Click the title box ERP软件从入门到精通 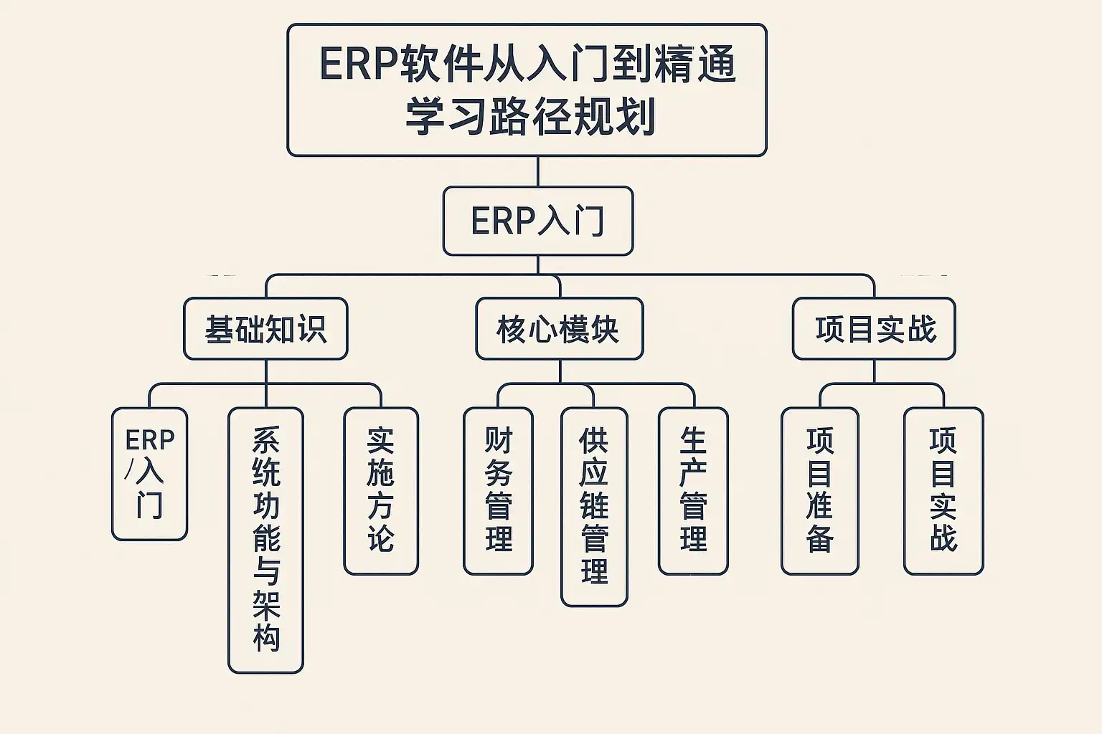pos(527,90)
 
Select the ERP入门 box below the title pos(537,221)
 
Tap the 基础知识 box pos(265,329)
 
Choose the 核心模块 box pos(559,329)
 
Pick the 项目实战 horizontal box pos(874,329)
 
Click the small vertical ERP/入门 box pos(149,474)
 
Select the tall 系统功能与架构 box pos(265,540)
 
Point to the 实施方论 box pos(381,491)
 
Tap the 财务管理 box pos(498,491)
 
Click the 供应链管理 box pos(594,507)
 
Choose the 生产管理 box pos(693,491)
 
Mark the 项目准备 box pos(819,491)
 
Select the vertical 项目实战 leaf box pos(943,491)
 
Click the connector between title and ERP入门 pos(537,171)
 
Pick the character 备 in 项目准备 pos(819,539)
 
